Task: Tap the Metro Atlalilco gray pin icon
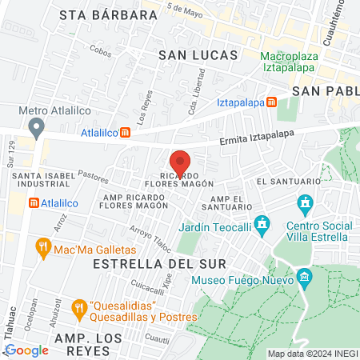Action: [35, 127]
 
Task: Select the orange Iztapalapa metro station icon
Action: [272, 102]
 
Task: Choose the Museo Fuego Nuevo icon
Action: [303, 278]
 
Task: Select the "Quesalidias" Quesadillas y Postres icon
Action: [78, 306]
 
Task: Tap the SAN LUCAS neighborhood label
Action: [198, 55]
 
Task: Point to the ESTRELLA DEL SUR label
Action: [147, 262]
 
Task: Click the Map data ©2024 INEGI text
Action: [310, 354]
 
